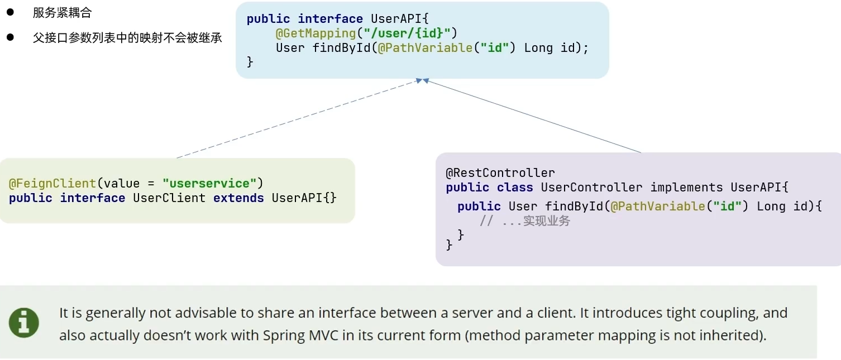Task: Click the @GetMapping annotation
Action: click(316, 33)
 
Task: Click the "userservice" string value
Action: click(209, 184)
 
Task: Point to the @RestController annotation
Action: click(500, 173)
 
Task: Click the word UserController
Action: click(591, 188)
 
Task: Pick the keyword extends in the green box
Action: click(238, 198)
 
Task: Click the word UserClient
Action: click(169, 198)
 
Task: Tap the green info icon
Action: click(24, 323)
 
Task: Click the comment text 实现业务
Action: click(547, 221)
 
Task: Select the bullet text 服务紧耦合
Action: click(62, 13)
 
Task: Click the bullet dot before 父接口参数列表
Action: click(9, 37)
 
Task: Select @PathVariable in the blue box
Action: click(425, 48)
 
